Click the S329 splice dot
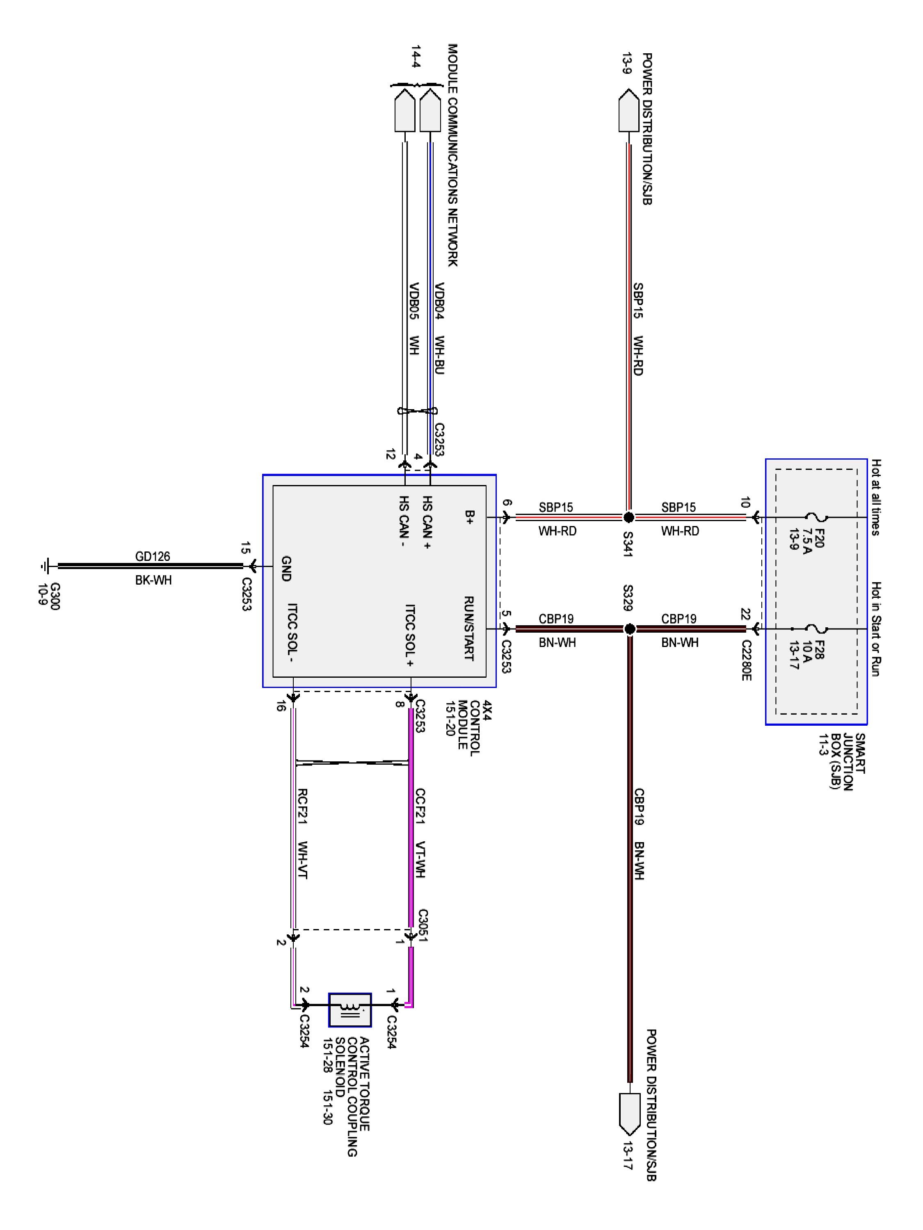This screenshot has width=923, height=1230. [x=629, y=629]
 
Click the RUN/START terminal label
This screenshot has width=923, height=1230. [x=468, y=629]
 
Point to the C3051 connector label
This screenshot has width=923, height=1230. [x=423, y=925]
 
